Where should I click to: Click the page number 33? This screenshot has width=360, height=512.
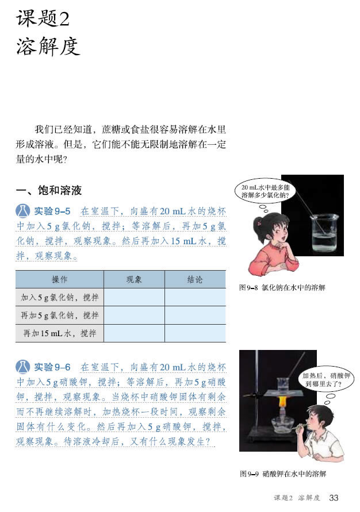(334, 498)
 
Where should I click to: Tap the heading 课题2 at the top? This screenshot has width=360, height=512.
(43, 18)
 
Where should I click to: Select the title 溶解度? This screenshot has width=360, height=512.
(48, 46)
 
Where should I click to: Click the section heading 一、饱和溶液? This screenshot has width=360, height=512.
(49, 190)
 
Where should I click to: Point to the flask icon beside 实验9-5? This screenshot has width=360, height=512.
(23, 211)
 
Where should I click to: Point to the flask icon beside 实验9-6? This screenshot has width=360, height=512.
(23, 367)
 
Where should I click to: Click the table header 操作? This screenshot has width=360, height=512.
(59, 279)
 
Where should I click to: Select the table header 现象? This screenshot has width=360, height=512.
(134, 279)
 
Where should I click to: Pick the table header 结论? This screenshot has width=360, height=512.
(195, 279)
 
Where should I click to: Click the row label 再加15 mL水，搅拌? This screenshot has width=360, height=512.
(59, 333)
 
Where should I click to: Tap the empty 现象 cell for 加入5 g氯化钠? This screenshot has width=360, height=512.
(134, 297)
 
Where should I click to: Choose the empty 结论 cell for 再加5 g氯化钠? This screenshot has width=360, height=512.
(195, 315)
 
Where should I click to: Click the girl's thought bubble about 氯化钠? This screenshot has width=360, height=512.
(265, 191)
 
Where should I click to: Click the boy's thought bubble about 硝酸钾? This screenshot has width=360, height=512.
(326, 380)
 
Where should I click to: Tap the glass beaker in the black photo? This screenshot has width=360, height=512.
(324, 233)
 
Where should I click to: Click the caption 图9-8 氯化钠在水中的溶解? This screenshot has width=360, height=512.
(282, 288)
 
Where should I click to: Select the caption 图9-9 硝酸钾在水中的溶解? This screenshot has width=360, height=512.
(283, 473)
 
